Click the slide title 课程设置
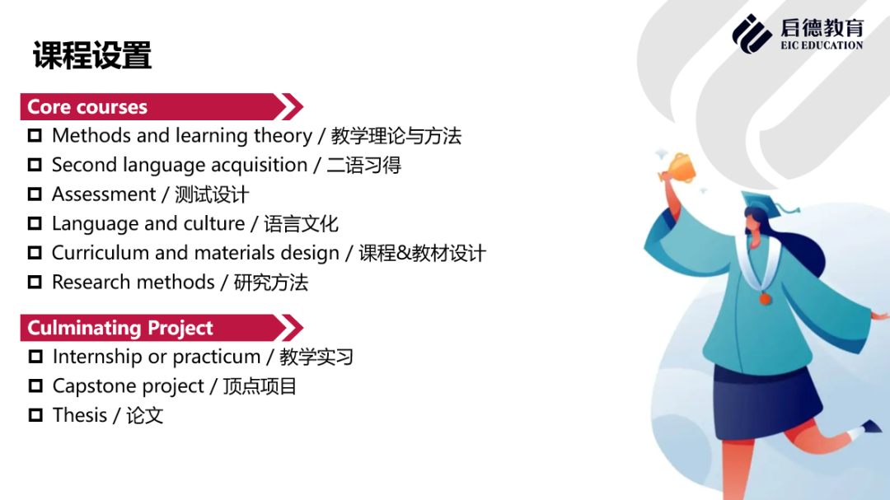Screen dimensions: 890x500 click(x=92, y=56)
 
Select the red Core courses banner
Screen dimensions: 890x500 click(x=162, y=107)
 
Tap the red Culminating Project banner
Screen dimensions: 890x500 click(x=162, y=328)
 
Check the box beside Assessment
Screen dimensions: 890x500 click(x=35, y=194)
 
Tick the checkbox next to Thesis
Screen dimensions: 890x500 click(x=35, y=415)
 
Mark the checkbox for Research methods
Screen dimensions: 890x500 click(x=35, y=282)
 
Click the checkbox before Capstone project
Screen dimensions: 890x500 click(x=35, y=386)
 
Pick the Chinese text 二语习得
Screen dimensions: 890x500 click(x=364, y=165)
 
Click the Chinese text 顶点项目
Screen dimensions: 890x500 click(x=260, y=386)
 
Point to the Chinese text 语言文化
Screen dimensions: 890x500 click(x=302, y=223)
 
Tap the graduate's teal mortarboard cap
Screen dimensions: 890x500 click(x=766, y=203)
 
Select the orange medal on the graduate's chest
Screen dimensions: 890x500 click(x=765, y=298)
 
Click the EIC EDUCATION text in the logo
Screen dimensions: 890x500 click(x=822, y=45)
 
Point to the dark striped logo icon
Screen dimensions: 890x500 click(x=752, y=34)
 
